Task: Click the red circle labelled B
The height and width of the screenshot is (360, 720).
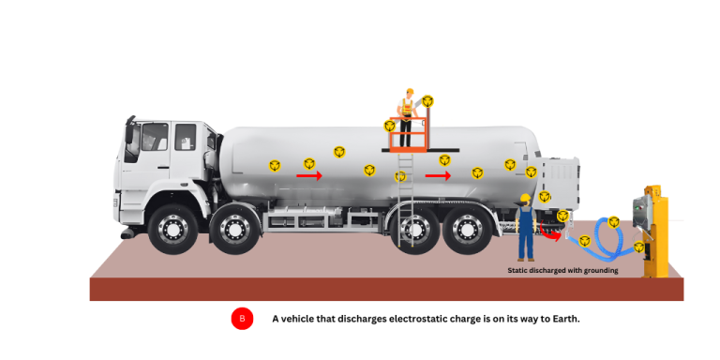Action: pos(242,319)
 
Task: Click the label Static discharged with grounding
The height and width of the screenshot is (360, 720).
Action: pos(562,271)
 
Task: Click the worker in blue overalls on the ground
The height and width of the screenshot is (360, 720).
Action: pos(526,229)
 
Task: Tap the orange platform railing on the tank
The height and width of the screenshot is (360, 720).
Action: pos(410,139)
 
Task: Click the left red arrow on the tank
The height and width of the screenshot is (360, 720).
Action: pos(309,175)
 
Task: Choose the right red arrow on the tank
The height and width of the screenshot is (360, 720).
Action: pos(438,175)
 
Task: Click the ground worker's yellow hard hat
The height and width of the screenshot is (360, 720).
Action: pos(525,199)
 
